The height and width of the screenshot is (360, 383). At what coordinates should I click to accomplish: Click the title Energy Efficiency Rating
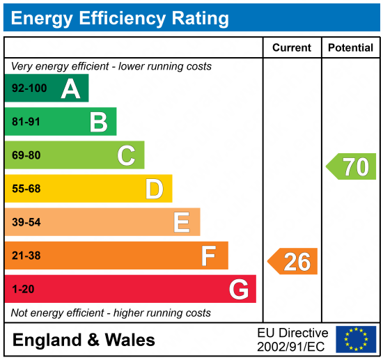[x=119, y=17]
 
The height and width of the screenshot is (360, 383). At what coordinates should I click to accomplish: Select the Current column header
[x=292, y=48]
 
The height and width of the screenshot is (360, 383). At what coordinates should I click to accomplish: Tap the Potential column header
[x=351, y=48]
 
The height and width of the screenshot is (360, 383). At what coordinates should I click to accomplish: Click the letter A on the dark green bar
[x=70, y=89]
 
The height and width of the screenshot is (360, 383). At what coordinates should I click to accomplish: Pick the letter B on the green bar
[x=98, y=123]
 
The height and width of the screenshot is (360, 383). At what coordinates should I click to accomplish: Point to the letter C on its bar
[x=126, y=155]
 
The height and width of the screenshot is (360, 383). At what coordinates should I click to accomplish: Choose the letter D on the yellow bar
[x=154, y=189]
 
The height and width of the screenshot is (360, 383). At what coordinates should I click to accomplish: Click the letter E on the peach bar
[x=182, y=222]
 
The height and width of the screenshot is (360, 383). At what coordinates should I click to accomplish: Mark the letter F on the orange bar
[x=209, y=256]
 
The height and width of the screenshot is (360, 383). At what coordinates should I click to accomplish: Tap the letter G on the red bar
[x=238, y=289]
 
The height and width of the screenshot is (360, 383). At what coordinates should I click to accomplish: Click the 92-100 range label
[x=29, y=89]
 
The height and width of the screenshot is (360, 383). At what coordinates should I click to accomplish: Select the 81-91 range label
[x=26, y=123]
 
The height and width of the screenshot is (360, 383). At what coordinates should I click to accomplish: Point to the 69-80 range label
[x=26, y=155]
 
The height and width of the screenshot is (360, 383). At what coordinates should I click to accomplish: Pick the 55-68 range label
[x=26, y=189]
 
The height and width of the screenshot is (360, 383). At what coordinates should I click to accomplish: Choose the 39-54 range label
[x=26, y=222]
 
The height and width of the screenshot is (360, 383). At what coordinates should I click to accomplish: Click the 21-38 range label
[x=26, y=256]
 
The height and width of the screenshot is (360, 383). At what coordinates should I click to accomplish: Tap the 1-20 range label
[x=22, y=289]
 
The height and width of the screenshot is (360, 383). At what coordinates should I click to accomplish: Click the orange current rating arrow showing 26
[x=293, y=261]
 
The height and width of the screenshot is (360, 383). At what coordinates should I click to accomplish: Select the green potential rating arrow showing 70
[x=352, y=166]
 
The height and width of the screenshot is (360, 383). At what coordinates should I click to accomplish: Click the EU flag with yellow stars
[x=356, y=339]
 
